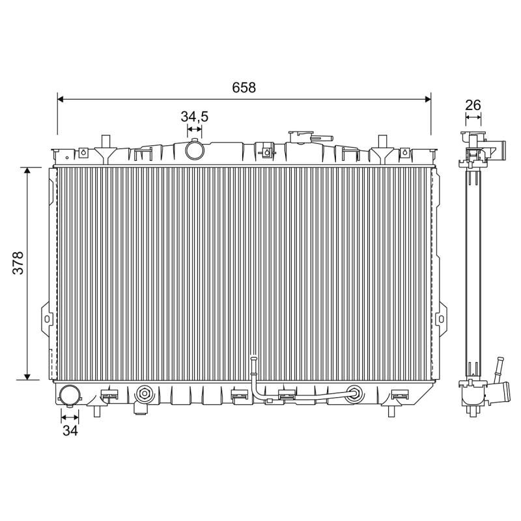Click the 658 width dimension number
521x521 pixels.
(x=244, y=87)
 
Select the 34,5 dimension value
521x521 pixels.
(x=194, y=117)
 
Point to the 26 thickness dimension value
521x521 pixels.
(x=473, y=104)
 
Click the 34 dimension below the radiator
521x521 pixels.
(x=70, y=430)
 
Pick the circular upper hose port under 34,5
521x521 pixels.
(x=194, y=150)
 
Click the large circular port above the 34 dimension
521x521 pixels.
(x=70, y=395)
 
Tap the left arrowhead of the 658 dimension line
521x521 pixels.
(x=61, y=99)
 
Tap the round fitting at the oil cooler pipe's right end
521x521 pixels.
(x=355, y=393)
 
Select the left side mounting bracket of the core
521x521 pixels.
(x=46, y=318)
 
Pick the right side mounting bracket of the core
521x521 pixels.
(x=442, y=318)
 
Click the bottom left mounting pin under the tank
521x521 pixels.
(x=97, y=412)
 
